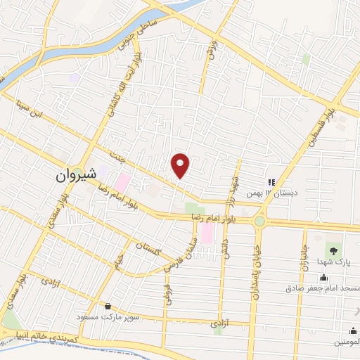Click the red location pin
pos(181,165)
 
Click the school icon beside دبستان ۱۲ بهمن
pos(271,182)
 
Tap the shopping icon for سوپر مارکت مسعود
pos(108,306)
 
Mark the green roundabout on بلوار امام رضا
pos(259,221)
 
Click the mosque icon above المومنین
pos(352,330)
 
